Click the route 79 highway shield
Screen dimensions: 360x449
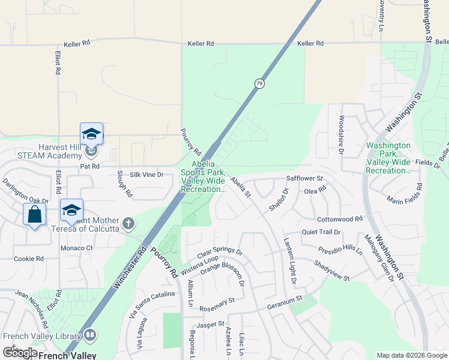259,83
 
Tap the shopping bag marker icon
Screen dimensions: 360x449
34,213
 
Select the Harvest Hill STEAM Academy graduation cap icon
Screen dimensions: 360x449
91,133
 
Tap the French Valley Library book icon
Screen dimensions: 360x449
90,334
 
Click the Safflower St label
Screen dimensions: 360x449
304,179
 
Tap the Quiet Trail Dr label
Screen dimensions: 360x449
321,232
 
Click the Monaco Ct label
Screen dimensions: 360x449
76,248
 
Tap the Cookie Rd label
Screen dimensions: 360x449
29,259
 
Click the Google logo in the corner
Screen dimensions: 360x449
20,353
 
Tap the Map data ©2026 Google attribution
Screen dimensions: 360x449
412,355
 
